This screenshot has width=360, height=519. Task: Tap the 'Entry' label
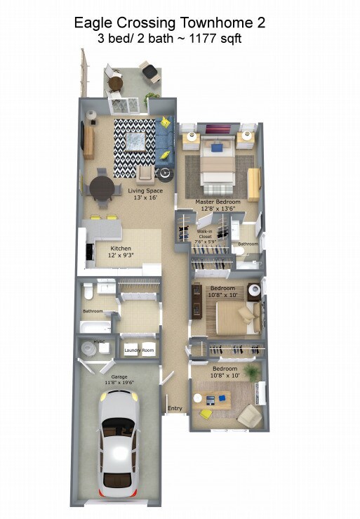[x=174, y=408]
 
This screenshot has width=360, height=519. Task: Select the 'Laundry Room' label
[x=139, y=350]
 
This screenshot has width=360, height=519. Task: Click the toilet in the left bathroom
[x=88, y=289]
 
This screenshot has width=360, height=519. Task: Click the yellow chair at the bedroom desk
[x=205, y=414]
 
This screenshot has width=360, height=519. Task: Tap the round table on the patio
[x=116, y=84]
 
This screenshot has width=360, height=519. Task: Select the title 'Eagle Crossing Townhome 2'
[x=170, y=23]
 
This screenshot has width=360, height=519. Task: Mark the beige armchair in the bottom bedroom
[x=248, y=416]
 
